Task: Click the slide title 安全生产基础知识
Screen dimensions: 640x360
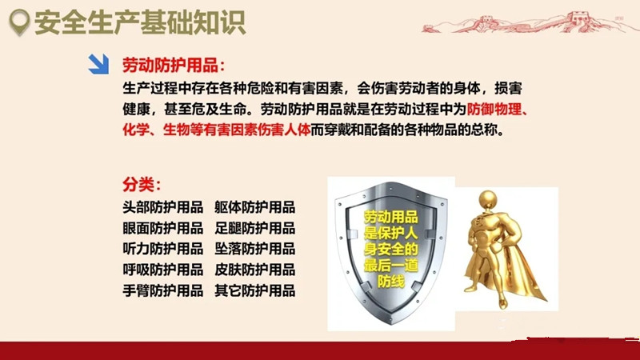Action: click(140, 23)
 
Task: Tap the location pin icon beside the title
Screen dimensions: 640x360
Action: click(19, 22)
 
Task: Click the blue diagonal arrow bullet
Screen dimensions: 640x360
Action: click(98, 64)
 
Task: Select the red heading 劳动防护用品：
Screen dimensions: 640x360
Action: click(174, 66)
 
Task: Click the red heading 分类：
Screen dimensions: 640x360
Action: click(142, 185)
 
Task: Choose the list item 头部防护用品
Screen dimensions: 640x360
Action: click(163, 207)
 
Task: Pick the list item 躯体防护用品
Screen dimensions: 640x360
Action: click(254, 207)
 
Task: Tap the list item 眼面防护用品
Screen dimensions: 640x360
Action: click(163, 228)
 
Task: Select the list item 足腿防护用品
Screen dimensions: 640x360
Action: click(254, 228)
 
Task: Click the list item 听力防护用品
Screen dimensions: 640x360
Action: click(163, 249)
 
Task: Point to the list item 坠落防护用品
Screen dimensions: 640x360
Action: click(254, 249)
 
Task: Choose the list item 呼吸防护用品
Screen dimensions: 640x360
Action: click(163, 270)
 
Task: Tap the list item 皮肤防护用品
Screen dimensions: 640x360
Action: click(254, 270)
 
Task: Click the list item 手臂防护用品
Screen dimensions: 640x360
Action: click(163, 290)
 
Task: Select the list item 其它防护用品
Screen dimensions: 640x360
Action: click(254, 290)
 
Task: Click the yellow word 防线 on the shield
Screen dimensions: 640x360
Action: click(391, 282)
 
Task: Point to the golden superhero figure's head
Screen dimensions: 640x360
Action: click(488, 201)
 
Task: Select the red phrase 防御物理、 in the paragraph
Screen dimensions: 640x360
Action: click(498, 110)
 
